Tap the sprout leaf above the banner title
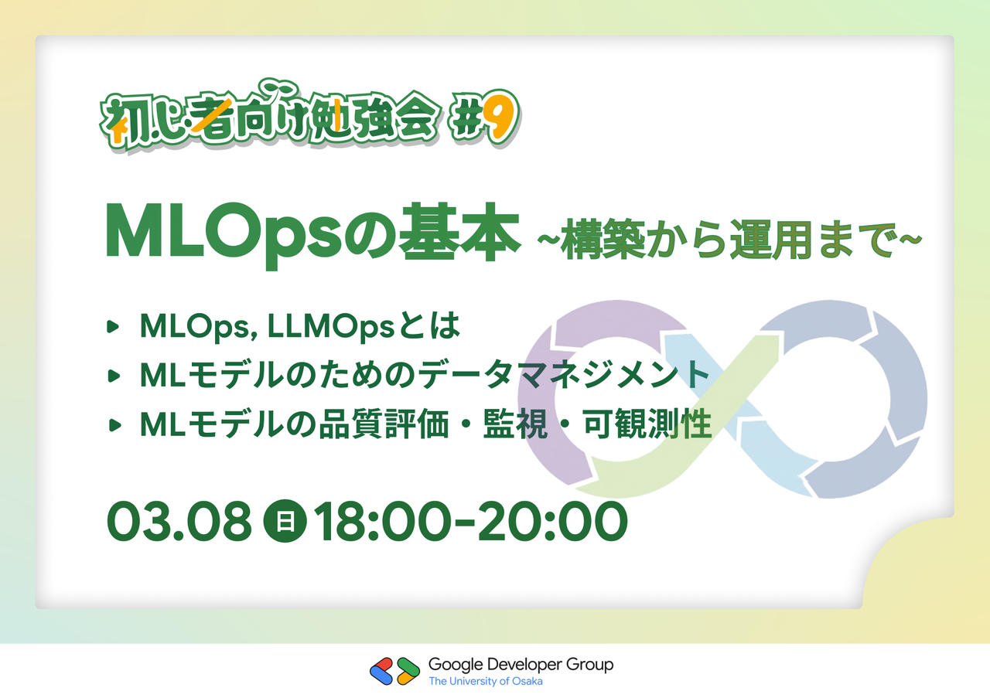click(279, 89)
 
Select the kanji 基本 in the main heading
click(459, 233)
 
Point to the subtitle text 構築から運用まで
click(729, 240)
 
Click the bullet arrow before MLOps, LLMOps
click(113, 326)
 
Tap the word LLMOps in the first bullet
click(330, 327)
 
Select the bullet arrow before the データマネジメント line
click(114, 376)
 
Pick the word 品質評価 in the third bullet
click(384, 424)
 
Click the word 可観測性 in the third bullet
click(647, 424)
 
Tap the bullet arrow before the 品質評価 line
click(114, 425)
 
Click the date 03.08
click(179, 521)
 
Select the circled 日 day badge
click(285, 521)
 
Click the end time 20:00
click(552, 521)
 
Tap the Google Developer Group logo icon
click(394, 672)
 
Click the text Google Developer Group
click(521, 665)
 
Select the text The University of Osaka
click(486, 681)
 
